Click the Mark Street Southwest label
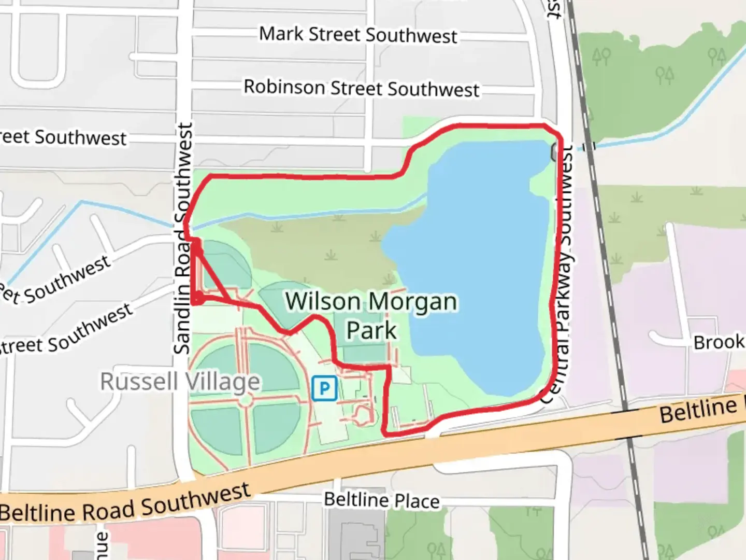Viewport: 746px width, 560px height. pos(358,35)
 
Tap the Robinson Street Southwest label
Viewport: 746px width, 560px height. pos(361,88)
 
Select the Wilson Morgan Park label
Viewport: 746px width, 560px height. pos(371,315)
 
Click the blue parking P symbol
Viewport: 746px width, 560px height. pos(324,388)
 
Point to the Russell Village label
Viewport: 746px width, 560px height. pos(180,382)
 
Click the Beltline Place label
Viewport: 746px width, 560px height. pos(382,500)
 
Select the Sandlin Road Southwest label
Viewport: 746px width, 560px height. pos(183,239)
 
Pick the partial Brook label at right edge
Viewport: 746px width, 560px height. pos(719,343)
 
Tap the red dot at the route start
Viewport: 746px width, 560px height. pos(197,298)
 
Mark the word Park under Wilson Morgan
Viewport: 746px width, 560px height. pos(371,330)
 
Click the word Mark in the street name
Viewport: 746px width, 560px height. pos(281,34)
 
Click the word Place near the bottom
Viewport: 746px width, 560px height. pos(417,501)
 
